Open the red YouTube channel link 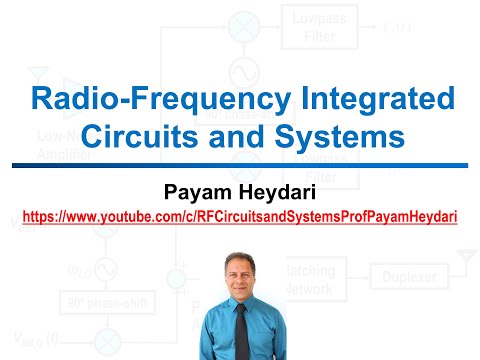tap(240, 214)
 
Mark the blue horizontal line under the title tap(240, 164)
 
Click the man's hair tap(240, 256)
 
